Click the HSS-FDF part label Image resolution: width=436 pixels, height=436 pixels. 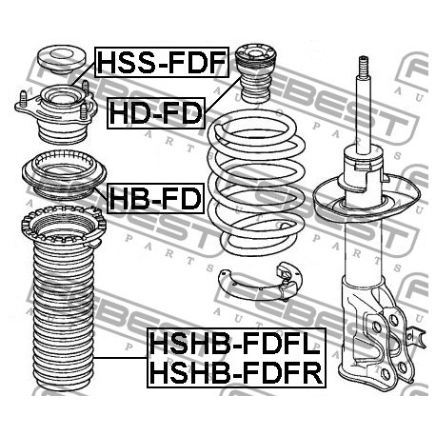[x=162, y=62]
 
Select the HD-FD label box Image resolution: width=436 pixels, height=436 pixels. [x=156, y=113]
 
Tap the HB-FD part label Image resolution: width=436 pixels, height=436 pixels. [x=155, y=198]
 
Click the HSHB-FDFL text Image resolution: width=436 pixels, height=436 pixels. [x=235, y=344]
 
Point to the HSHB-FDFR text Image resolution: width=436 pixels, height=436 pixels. [x=236, y=372]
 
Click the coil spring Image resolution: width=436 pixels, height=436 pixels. [x=256, y=183]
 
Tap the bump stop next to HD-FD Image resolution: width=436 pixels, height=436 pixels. [x=255, y=73]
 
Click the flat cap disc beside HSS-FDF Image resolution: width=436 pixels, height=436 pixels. [x=62, y=60]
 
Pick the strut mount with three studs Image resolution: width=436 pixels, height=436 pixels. [x=56, y=112]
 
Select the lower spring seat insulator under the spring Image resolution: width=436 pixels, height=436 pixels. [x=260, y=281]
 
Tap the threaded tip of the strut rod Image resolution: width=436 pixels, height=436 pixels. [x=364, y=66]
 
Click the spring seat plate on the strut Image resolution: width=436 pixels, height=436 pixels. [x=367, y=198]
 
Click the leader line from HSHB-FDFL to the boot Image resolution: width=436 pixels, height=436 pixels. [x=121, y=358]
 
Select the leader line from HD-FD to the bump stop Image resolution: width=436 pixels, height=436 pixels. [x=222, y=95]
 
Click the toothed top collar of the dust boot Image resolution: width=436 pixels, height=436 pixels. [x=64, y=227]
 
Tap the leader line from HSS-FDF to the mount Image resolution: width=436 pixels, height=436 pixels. [x=83, y=74]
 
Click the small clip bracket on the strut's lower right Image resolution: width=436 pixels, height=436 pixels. [x=416, y=338]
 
